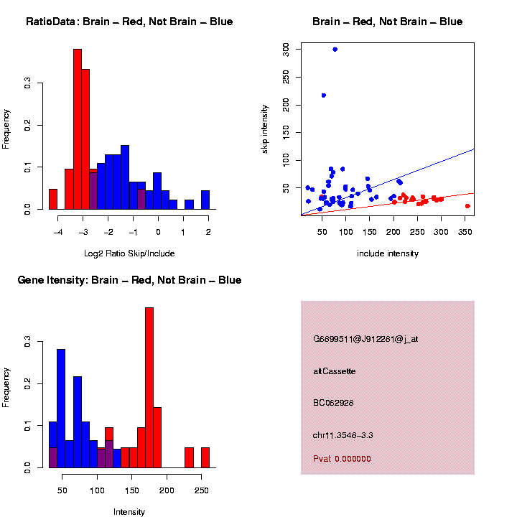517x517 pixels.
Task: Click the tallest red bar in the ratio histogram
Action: [x=78, y=129]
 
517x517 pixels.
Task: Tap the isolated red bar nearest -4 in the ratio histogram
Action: [x=53, y=199]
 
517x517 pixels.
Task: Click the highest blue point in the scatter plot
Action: [x=335, y=49]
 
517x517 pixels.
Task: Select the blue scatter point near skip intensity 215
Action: [x=324, y=95]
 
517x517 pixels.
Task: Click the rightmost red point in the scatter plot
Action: [x=467, y=206]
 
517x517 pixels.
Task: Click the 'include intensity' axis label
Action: [x=387, y=253]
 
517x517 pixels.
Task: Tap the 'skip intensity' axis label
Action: [x=266, y=129]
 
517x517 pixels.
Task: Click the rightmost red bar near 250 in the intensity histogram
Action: [x=205, y=457]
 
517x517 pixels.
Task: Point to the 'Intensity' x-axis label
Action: [x=129, y=512]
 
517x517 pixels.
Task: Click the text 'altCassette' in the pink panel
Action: [x=334, y=371]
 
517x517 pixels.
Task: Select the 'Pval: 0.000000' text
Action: [x=342, y=459]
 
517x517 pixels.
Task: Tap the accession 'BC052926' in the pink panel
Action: [x=334, y=403]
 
